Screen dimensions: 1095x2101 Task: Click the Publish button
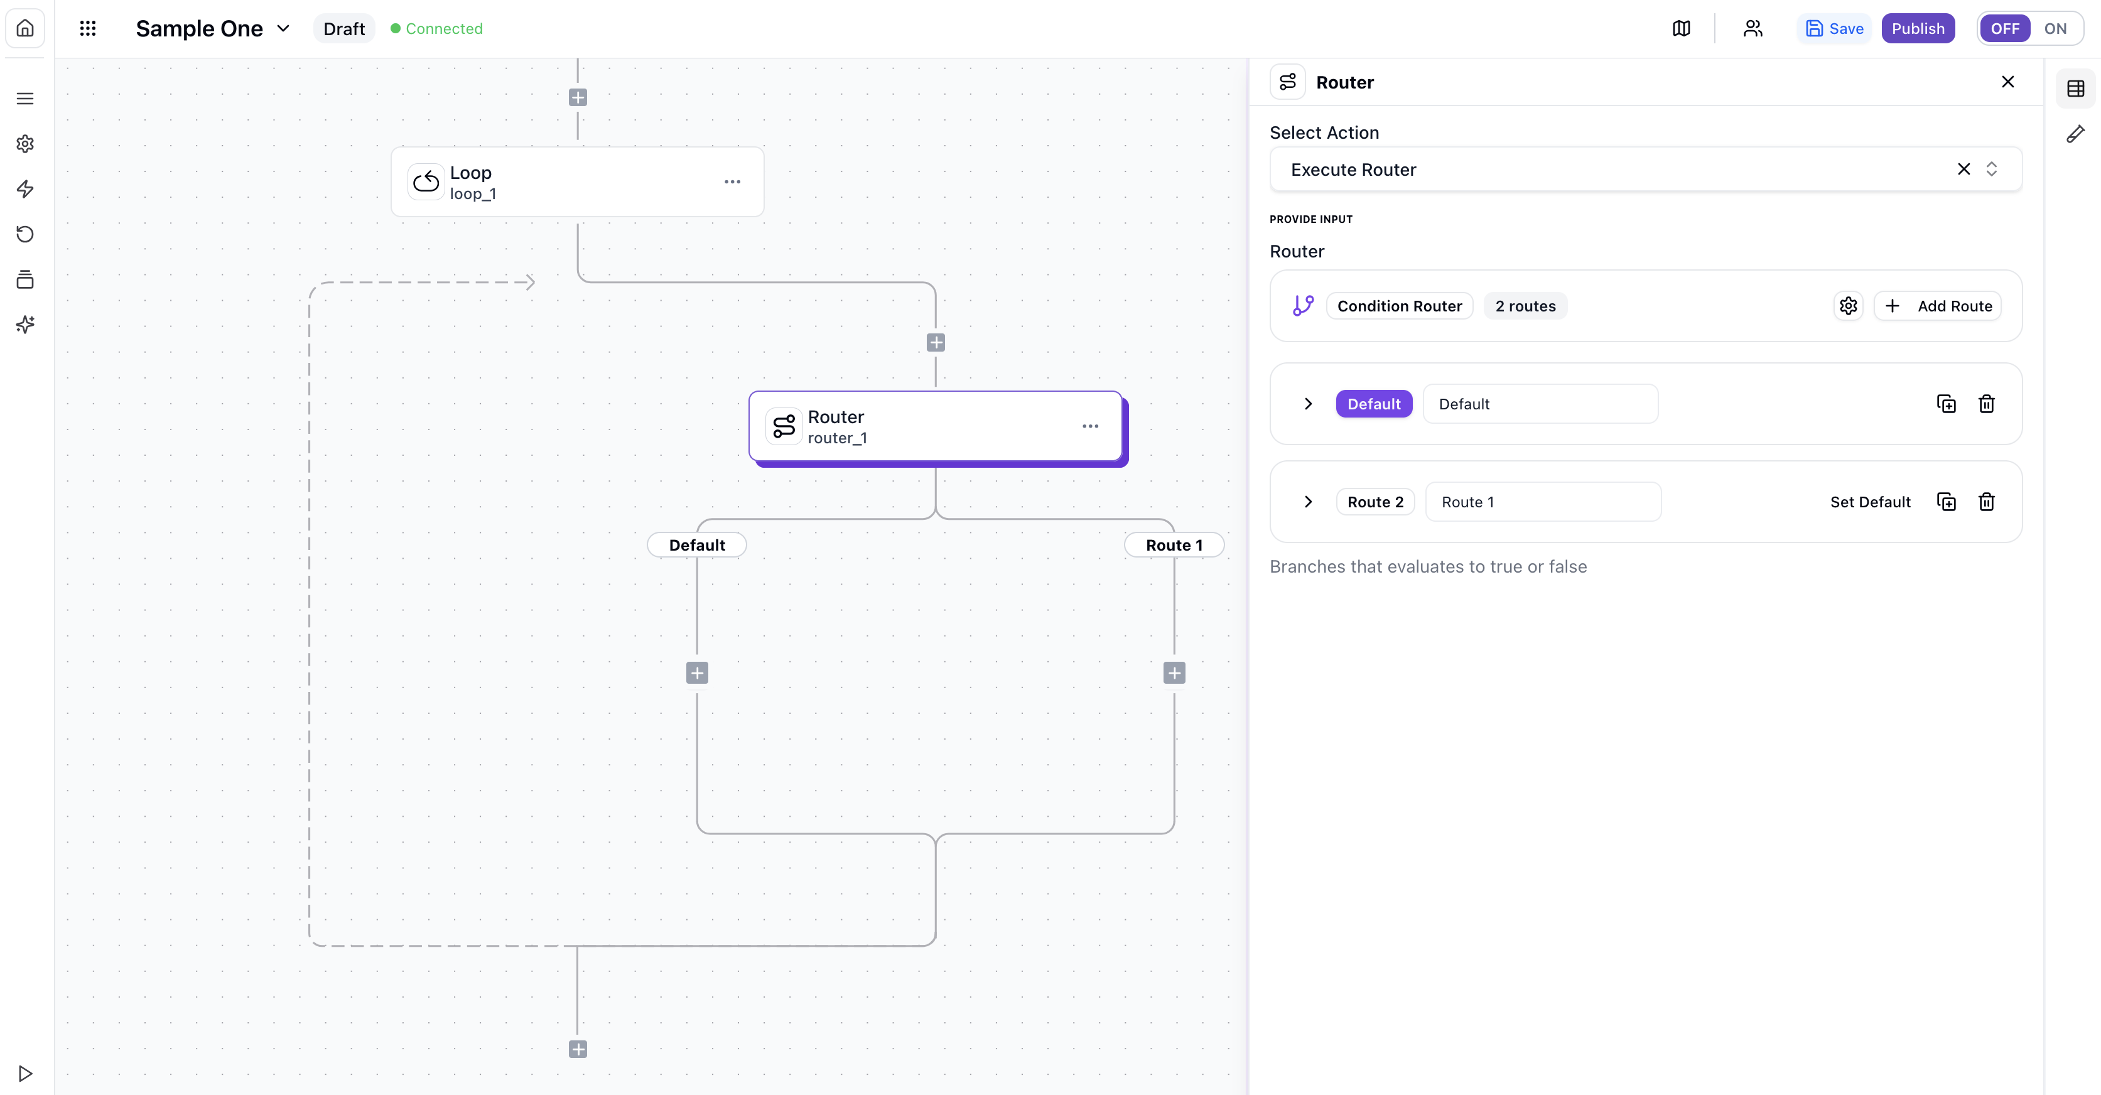pyautogui.click(x=1918, y=28)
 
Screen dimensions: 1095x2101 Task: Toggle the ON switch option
pyautogui.click(x=2055, y=28)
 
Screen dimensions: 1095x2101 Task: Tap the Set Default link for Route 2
pyautogui.click(x=1869, y=502)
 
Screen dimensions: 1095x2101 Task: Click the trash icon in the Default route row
pyautogui.click(x=1986, y=404)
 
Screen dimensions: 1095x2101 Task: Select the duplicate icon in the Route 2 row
pyautogui.click(x=1946, y=502)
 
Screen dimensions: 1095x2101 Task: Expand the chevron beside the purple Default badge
pyautogui.click(x=1308, y=404)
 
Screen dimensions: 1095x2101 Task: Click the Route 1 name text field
pyautogui.click(x=1542, y=502)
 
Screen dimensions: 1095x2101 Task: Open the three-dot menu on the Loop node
pyautogui.click(x=732, y=182)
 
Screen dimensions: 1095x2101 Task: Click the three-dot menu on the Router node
pyautogui.click(x=1089, y=426)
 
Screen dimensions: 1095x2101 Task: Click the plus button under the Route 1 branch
pyautogui.click(x=1174, y=672)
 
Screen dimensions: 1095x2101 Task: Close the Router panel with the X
pyautogui.click(x=2007, y=82)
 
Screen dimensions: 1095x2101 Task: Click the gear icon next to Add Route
pyautogui.click(x=1848, y=306)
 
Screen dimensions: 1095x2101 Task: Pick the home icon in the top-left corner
pyautogui.click(x=25, y=28)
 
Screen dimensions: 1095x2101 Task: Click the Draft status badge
pyautogui.click(x=343, y=28)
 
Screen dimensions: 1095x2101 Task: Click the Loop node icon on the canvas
pyautogui.click(x=426, y=182)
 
